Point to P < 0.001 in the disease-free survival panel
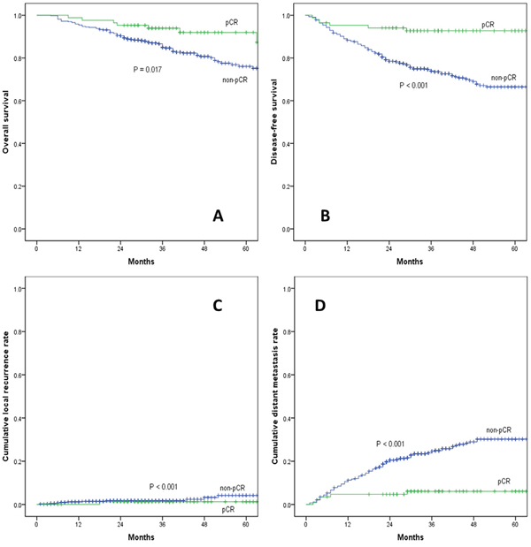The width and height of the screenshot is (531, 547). pyautogui.click(x=416, y=85)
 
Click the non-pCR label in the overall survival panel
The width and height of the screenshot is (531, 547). pyautogui.click(x=235, y=80)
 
